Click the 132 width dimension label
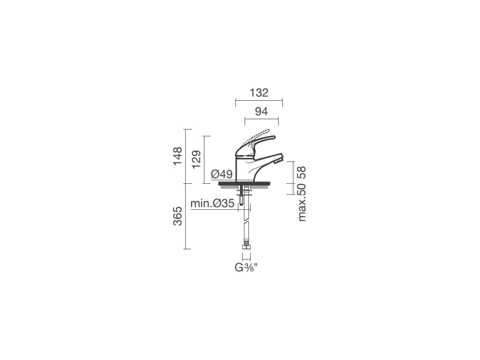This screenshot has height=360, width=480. coord(259,92)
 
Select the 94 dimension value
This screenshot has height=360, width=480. coord(262,112)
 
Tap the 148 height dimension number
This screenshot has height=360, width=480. coord(178,156)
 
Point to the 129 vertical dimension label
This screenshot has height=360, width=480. coord(196,159)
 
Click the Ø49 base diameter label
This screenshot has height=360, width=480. coord(222,174)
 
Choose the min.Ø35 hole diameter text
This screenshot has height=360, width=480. coord(212,203)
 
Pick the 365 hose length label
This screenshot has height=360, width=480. coord(178,216)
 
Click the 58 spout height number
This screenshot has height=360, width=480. coord(301,172)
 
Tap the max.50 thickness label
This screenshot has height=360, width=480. coord(301,202)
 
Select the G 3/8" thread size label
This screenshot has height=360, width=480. coord(246,268)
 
